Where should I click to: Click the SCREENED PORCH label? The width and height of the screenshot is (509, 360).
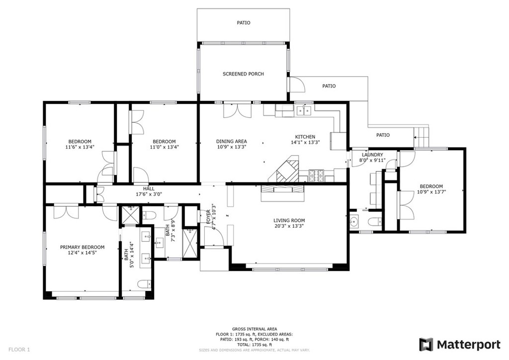pyautogui.click(x=243, y=74)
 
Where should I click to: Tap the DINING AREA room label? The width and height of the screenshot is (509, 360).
pyautogui.click(x=231, y=141)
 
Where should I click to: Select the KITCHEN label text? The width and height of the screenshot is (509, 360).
pyautogui.click(x=305, y=137)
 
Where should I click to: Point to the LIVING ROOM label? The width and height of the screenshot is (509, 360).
pyautogui.click(x=289, y=220)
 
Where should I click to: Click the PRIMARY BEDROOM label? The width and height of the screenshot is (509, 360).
pyautogui.click(x=82, y=247)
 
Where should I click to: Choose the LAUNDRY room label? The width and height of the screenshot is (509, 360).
pyautogui.click(x=372, y=155)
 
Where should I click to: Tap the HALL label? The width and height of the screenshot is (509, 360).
pyautogui.click(x=149, y=188)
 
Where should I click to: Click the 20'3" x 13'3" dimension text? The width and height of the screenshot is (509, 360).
pyautogui.click(x=289, y=226)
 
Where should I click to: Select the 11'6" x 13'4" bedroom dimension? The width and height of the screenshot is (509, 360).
pyautogui.click(x=80, y=147)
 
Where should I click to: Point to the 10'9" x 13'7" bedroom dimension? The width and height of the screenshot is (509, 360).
pyautogui.click(x=431, y=192)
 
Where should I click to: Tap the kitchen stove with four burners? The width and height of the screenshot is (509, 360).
pyautogui.click(x=316, y=175)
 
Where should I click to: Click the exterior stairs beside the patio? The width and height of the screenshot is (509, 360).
pyautogui.click(x=421, y=134)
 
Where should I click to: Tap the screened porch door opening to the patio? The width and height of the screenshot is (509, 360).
pyautogui.click(x=297, y=85)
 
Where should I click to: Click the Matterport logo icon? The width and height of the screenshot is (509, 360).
pyautogui.click(x=426, y=345)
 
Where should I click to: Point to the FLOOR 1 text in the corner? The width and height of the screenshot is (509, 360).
pyautogui.click(x=19, y=350)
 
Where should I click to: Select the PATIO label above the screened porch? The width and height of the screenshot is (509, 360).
pyautogui.click(x=243, y=23)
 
